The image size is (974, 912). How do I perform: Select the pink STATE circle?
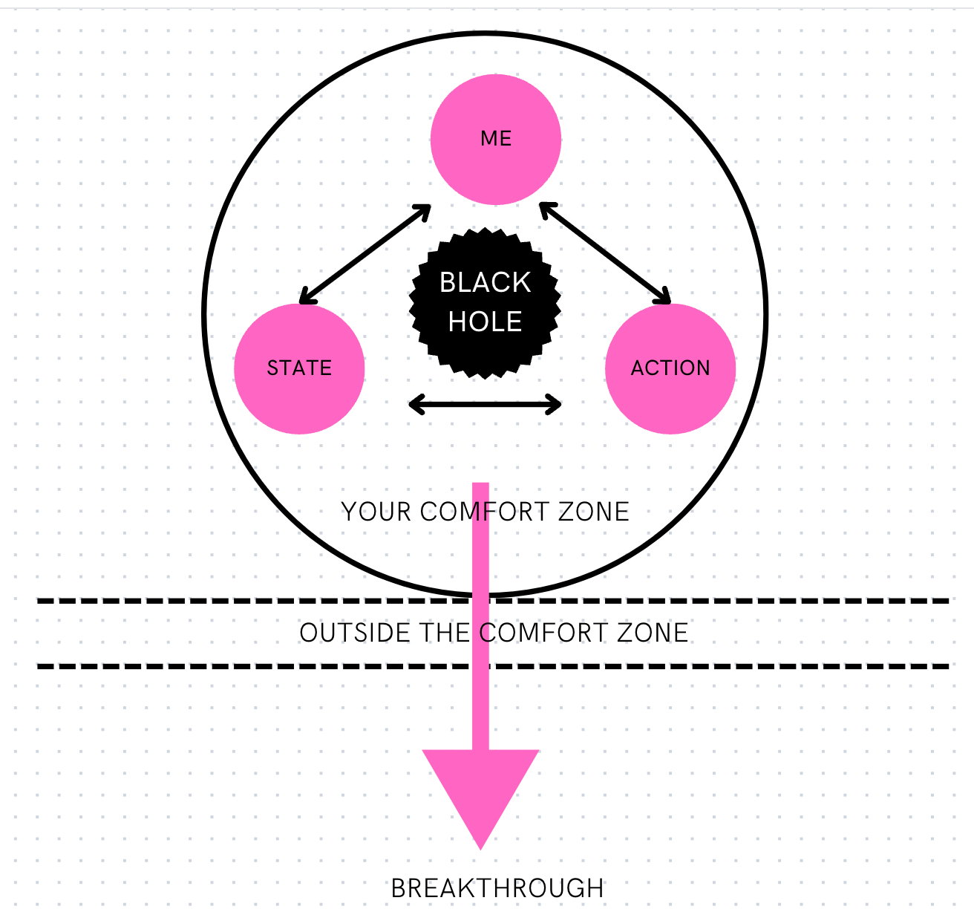[299, 394]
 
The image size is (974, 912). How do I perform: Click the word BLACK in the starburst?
[486, 282]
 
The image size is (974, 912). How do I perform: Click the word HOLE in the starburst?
[486, 322]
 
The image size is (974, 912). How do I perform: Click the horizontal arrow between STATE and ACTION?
[486, 405]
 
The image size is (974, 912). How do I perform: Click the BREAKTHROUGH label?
[497, 888]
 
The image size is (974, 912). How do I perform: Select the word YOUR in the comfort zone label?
[376, 512]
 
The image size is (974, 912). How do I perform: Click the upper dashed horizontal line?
[223, 601]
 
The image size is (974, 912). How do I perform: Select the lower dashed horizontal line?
[223, 666]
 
